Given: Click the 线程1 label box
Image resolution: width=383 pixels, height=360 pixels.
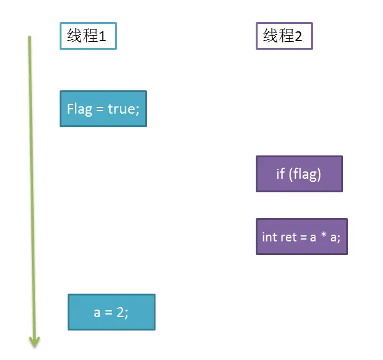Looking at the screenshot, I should (x=87, y=36).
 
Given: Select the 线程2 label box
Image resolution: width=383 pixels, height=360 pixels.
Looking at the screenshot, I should (x=283, y=36).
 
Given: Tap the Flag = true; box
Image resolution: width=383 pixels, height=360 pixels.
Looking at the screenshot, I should (x=103, y=109).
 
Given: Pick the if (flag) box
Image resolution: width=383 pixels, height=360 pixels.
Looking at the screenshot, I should (x=299, y=174).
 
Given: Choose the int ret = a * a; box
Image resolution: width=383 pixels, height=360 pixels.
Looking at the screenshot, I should (x=301, y=237).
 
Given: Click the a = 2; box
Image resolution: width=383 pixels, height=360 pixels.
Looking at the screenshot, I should (x=111, y=312).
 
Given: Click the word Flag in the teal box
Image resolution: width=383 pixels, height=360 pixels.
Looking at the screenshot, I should (x=79, y=109).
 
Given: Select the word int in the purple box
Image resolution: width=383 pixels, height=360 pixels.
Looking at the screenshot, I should (x=269, y=237).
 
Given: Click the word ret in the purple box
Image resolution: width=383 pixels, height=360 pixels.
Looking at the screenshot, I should (x=288, y=237).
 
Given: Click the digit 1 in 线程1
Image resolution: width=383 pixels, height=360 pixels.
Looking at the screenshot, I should (x=103, y=36).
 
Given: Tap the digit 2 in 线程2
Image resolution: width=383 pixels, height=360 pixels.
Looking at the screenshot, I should (x=299, y=36).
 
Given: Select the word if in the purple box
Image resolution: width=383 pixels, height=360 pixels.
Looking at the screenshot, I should (x=280, y=174).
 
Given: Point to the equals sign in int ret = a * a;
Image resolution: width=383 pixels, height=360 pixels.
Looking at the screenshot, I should (x=304, y=237).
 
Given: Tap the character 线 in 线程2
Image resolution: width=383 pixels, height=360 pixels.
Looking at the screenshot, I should (x=270, y=36).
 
